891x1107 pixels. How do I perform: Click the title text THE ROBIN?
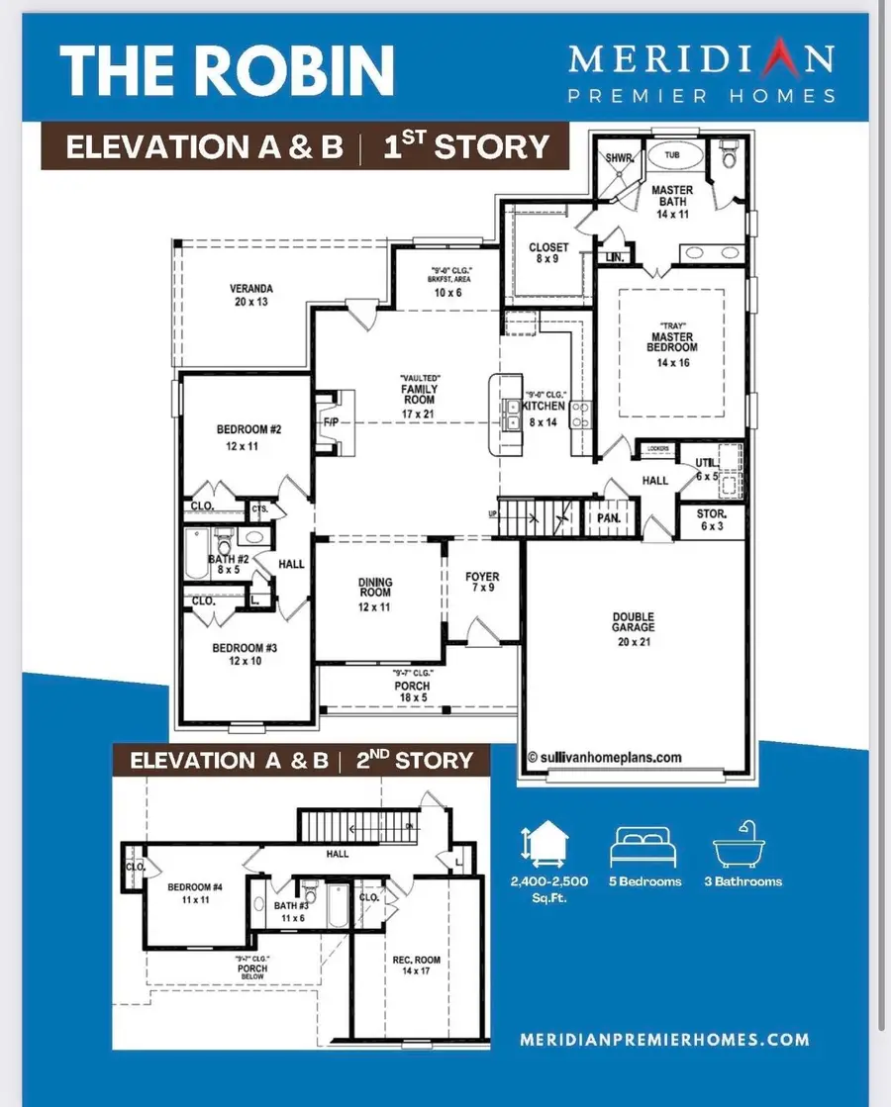227,68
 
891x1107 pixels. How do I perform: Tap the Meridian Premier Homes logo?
701,71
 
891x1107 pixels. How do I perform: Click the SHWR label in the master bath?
618,157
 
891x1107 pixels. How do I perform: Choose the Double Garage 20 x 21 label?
633,623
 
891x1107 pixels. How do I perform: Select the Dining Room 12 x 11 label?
376,595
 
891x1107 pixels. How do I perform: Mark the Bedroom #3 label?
237,654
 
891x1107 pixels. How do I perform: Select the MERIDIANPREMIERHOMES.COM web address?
664,1040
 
